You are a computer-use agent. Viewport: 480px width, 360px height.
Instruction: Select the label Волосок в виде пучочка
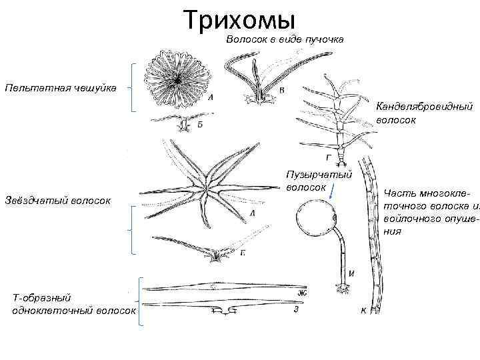point(285,40)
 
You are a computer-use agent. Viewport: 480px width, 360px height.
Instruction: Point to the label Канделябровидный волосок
point(424,113)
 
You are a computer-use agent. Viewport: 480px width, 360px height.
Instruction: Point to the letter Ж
point(301,293)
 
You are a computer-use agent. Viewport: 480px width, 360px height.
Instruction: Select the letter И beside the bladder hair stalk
point(351,273)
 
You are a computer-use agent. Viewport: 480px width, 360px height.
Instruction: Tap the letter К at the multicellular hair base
point(364,311)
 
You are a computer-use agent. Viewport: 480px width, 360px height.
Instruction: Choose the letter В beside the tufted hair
point(282,89)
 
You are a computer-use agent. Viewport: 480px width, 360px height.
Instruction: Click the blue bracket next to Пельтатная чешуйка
point(134,87)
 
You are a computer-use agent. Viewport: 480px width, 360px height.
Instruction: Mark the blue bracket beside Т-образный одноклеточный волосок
point(141,301)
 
